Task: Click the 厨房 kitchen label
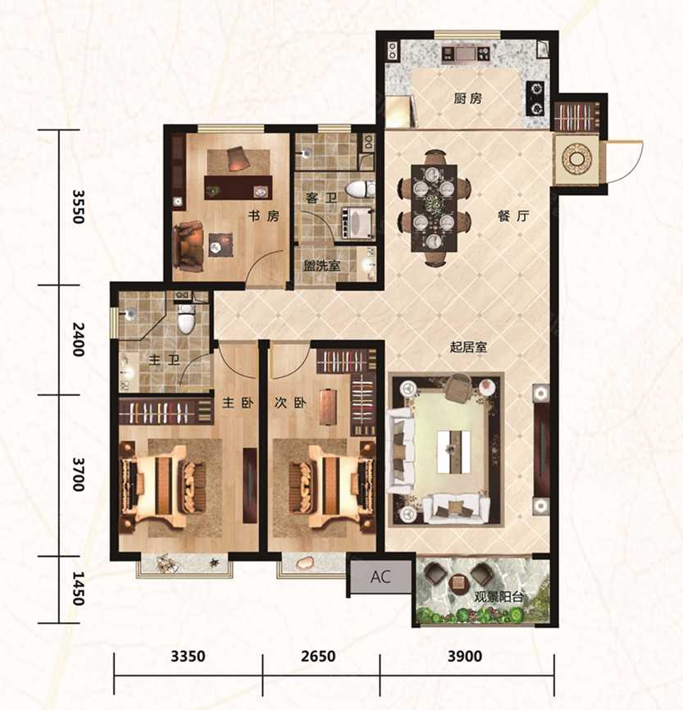click(468, 98)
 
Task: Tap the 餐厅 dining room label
click(513, 216)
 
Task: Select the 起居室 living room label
click(468, 348)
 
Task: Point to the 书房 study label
click(263, 216)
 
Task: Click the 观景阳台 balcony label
click(499, 597)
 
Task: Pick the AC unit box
click(380, 577)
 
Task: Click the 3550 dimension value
click(79, 207)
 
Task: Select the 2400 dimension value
click(79, 339)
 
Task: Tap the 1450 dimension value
click(79, 589)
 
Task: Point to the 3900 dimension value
click(465, 656)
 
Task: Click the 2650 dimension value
click(318, 656)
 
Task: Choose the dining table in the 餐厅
click(434, 208)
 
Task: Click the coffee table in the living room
click(453, 452)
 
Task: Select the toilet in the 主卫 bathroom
click(185, 317)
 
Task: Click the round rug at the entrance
click(576, 158)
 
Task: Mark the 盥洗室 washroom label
click(322, 266)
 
